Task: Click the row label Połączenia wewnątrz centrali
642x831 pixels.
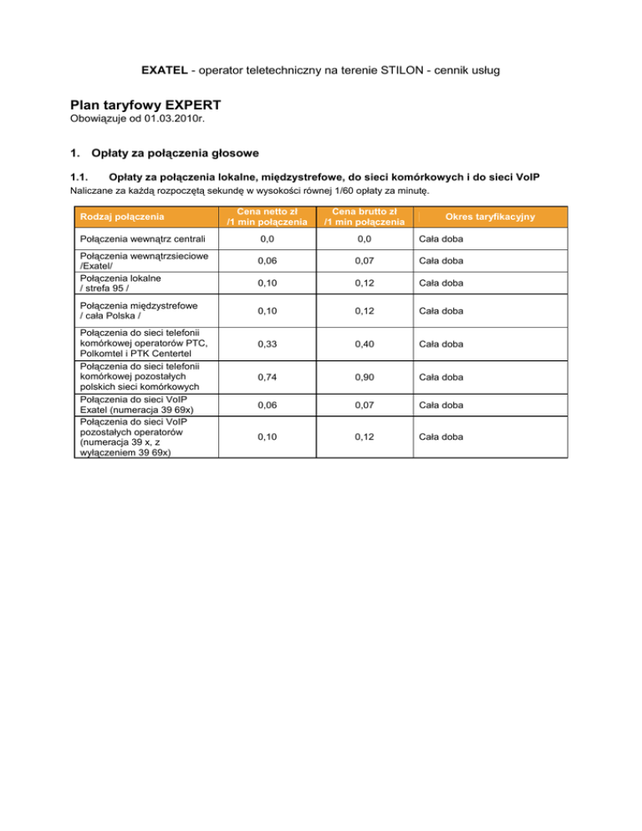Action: [x=138, y=241]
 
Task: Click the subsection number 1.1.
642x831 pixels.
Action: [x=78, y=177]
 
